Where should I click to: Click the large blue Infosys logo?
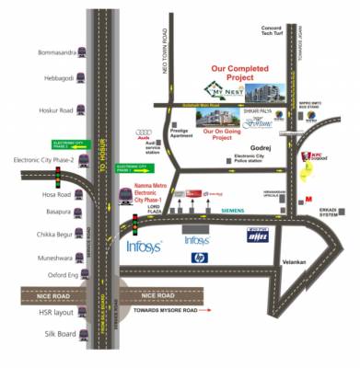[x=145, y=247]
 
